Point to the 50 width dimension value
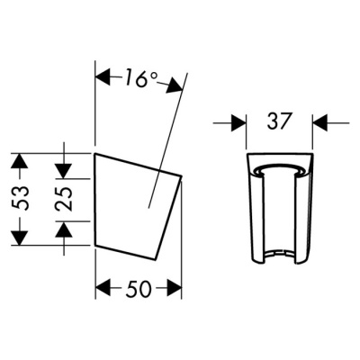point(139,289)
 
